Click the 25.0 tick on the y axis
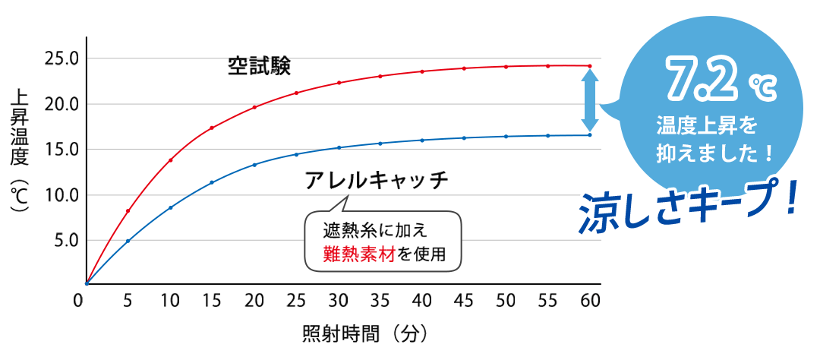pos(62,58)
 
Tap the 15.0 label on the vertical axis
pos(62,150)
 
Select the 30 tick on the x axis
pos(339,301)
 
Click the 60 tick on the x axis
pos(590,301)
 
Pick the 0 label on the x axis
pos(78,301)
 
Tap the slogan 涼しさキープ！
pos(687,208)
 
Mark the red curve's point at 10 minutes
pos(171,160)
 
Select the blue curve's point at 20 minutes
pos(254,165)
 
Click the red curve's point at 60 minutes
pos(590,66)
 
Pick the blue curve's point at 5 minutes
pos(128,241)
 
